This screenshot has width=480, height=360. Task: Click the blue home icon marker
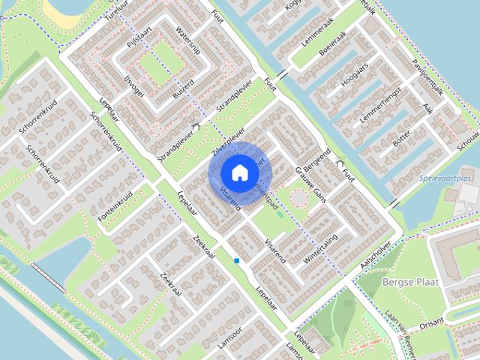click(238, 172)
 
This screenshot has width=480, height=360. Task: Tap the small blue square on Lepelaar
click(237, 260)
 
